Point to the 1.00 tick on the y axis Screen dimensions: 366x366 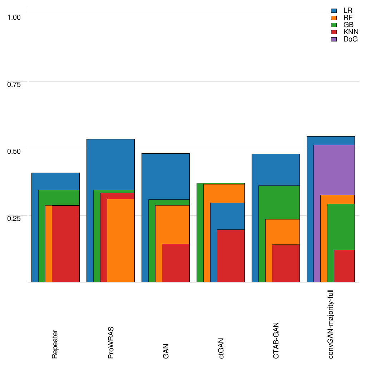tap(14, 17)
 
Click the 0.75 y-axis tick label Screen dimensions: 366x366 tap(14, 84)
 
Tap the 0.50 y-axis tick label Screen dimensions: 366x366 tap(14, 151)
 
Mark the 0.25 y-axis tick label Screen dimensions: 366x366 tap(14, 218)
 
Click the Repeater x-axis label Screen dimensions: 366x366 tap(55, 344)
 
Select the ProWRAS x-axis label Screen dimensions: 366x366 tap(111, 342)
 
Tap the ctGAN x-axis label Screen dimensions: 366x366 tap(221, 348)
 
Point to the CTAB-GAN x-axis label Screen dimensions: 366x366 tap(276, 340)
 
